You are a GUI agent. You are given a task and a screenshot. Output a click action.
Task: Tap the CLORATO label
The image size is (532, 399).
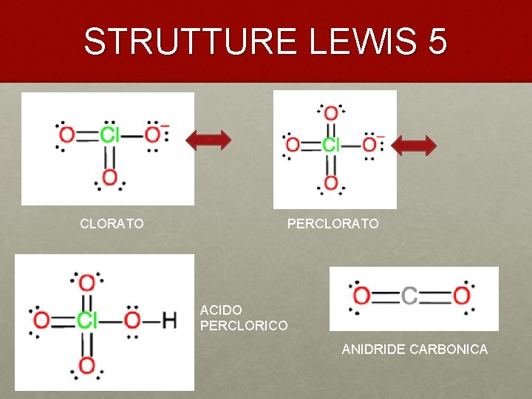112,223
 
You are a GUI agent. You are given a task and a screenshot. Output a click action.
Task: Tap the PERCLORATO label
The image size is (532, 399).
332,223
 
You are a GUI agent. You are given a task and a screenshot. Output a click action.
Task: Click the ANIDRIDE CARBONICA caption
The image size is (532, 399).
415,349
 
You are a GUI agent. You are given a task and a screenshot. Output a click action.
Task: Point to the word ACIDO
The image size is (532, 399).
221,310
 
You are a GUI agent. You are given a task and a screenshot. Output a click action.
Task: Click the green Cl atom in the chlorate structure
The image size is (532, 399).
110,135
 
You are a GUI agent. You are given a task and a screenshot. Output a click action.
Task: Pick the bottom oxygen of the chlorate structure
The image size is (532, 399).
109,178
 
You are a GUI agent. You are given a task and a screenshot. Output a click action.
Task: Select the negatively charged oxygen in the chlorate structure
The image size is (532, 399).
152,135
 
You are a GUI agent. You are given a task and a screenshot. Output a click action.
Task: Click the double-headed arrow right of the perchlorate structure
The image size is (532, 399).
414,144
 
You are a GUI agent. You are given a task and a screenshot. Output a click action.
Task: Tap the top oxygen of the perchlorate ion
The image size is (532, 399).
330,113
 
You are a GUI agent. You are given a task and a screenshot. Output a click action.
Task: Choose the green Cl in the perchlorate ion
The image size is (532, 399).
331,145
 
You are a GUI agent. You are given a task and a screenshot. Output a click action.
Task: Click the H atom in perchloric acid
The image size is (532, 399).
169,321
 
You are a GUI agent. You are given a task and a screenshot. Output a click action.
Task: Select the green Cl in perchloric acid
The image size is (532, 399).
87,321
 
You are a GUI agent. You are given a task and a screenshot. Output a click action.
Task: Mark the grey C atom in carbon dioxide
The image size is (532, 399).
410,296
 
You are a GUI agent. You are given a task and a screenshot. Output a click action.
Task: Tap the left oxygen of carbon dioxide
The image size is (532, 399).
361,296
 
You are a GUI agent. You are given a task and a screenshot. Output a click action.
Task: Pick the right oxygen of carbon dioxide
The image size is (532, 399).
462,296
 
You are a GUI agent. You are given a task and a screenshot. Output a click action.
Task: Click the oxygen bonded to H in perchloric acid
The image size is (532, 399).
132,321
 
